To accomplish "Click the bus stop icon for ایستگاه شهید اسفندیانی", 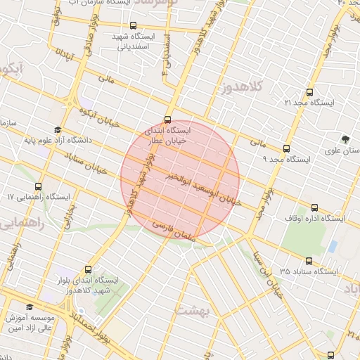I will (x=133, y=25).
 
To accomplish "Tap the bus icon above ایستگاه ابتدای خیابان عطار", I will (x=167, y=120).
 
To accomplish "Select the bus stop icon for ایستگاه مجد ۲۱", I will (x=309, y=92).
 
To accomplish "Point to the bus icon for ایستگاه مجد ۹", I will (x=285, y=148).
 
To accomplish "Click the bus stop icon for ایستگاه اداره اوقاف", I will (x=314, y=208).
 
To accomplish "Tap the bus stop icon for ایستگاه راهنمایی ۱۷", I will (x=37, y=187).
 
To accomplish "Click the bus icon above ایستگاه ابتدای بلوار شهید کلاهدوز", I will (x=88, y=269).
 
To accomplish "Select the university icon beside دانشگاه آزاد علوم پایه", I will (x=57, y=130).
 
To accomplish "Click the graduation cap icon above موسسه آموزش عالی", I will (x=30, y=307).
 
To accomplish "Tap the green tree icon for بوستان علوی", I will (x=345, y=139).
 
